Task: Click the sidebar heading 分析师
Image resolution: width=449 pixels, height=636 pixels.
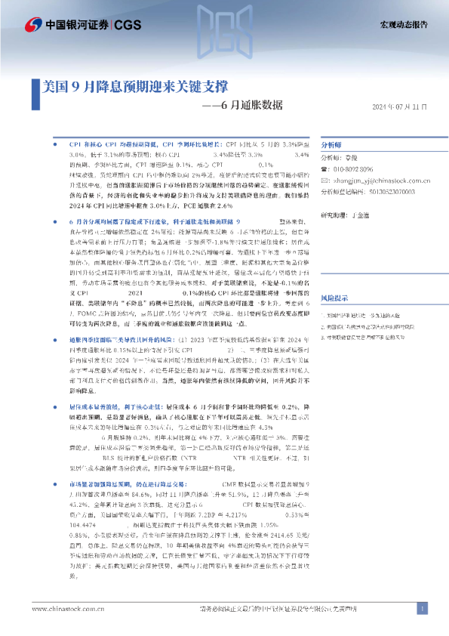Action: tap(353, 144)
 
